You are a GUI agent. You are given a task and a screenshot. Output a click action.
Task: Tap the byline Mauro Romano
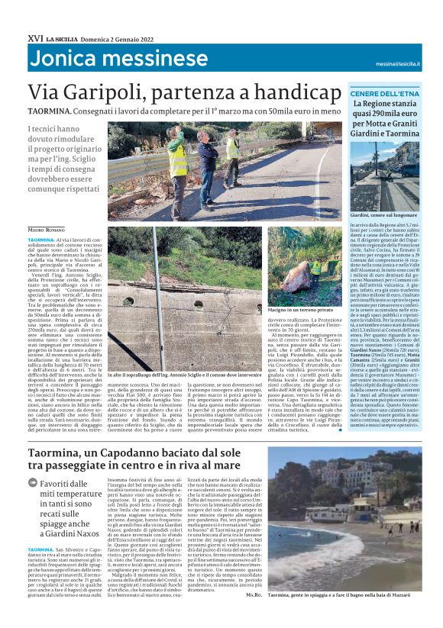click(x=47, y=229)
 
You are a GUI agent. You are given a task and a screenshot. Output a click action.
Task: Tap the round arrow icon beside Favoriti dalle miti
click(x=32, y=483)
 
